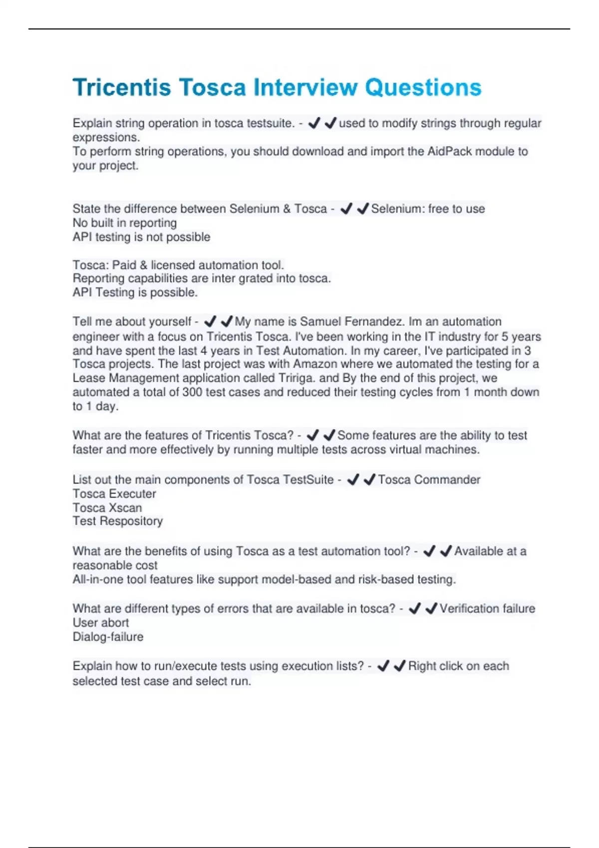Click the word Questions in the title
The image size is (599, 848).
[423, 88]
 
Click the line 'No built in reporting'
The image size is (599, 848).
[124, 223]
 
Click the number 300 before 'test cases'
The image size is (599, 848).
[192, 393]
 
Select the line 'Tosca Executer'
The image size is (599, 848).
[114, 494]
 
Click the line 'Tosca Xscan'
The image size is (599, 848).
[107, 508]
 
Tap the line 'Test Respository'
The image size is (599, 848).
[118, 521]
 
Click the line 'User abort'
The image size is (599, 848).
[101, 623]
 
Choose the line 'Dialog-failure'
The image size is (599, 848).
[108, 637]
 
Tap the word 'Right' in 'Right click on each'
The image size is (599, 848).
[422, 666]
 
